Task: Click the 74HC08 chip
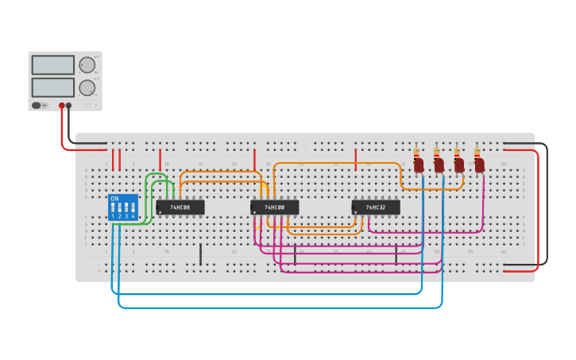click(180, 207)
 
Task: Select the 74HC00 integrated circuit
click(275, 207)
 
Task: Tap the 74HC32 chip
click(376, 207)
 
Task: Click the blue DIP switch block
click(123, 207)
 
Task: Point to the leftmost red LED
click(419, 165)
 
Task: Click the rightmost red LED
click(479, 165)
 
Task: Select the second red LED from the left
click(439, 165)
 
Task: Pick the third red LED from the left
click(459, 165)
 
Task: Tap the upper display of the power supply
click(53, 65)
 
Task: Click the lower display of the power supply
click(53, 87)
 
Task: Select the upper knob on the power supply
click(87, 65)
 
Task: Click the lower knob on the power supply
click(87, 87)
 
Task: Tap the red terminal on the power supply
click(61, 105)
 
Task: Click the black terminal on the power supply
click(69, 105)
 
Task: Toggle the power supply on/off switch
click(37, 105)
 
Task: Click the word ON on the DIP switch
click(114, 199)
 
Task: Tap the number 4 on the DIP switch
click(133, 216)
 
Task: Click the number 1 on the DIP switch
click(113, 216)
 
